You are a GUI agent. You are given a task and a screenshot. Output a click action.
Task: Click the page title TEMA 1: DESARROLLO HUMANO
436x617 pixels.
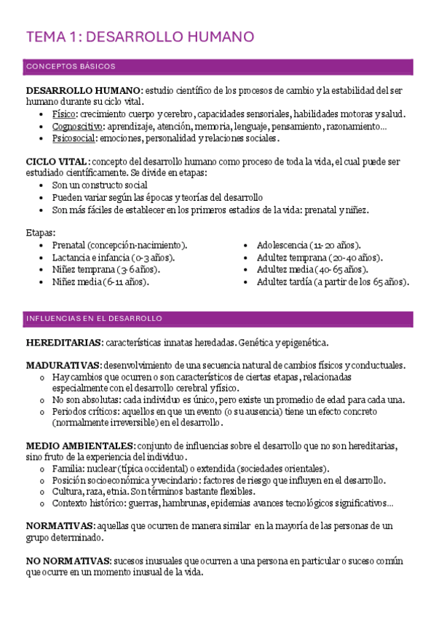coord(140,36)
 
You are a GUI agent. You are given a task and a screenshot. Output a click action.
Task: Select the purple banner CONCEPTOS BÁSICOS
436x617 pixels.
coord(71,67)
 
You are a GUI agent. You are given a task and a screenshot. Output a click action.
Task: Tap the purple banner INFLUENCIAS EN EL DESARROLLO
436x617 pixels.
coord(94,319)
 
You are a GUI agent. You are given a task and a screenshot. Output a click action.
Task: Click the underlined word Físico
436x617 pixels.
coord(64,114)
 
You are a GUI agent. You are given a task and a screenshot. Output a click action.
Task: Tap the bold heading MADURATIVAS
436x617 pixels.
coord(63,365)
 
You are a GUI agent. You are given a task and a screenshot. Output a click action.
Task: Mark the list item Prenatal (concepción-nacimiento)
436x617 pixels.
coord(119,245)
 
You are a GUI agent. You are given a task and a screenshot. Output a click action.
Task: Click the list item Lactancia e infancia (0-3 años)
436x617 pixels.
coord(114,258)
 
